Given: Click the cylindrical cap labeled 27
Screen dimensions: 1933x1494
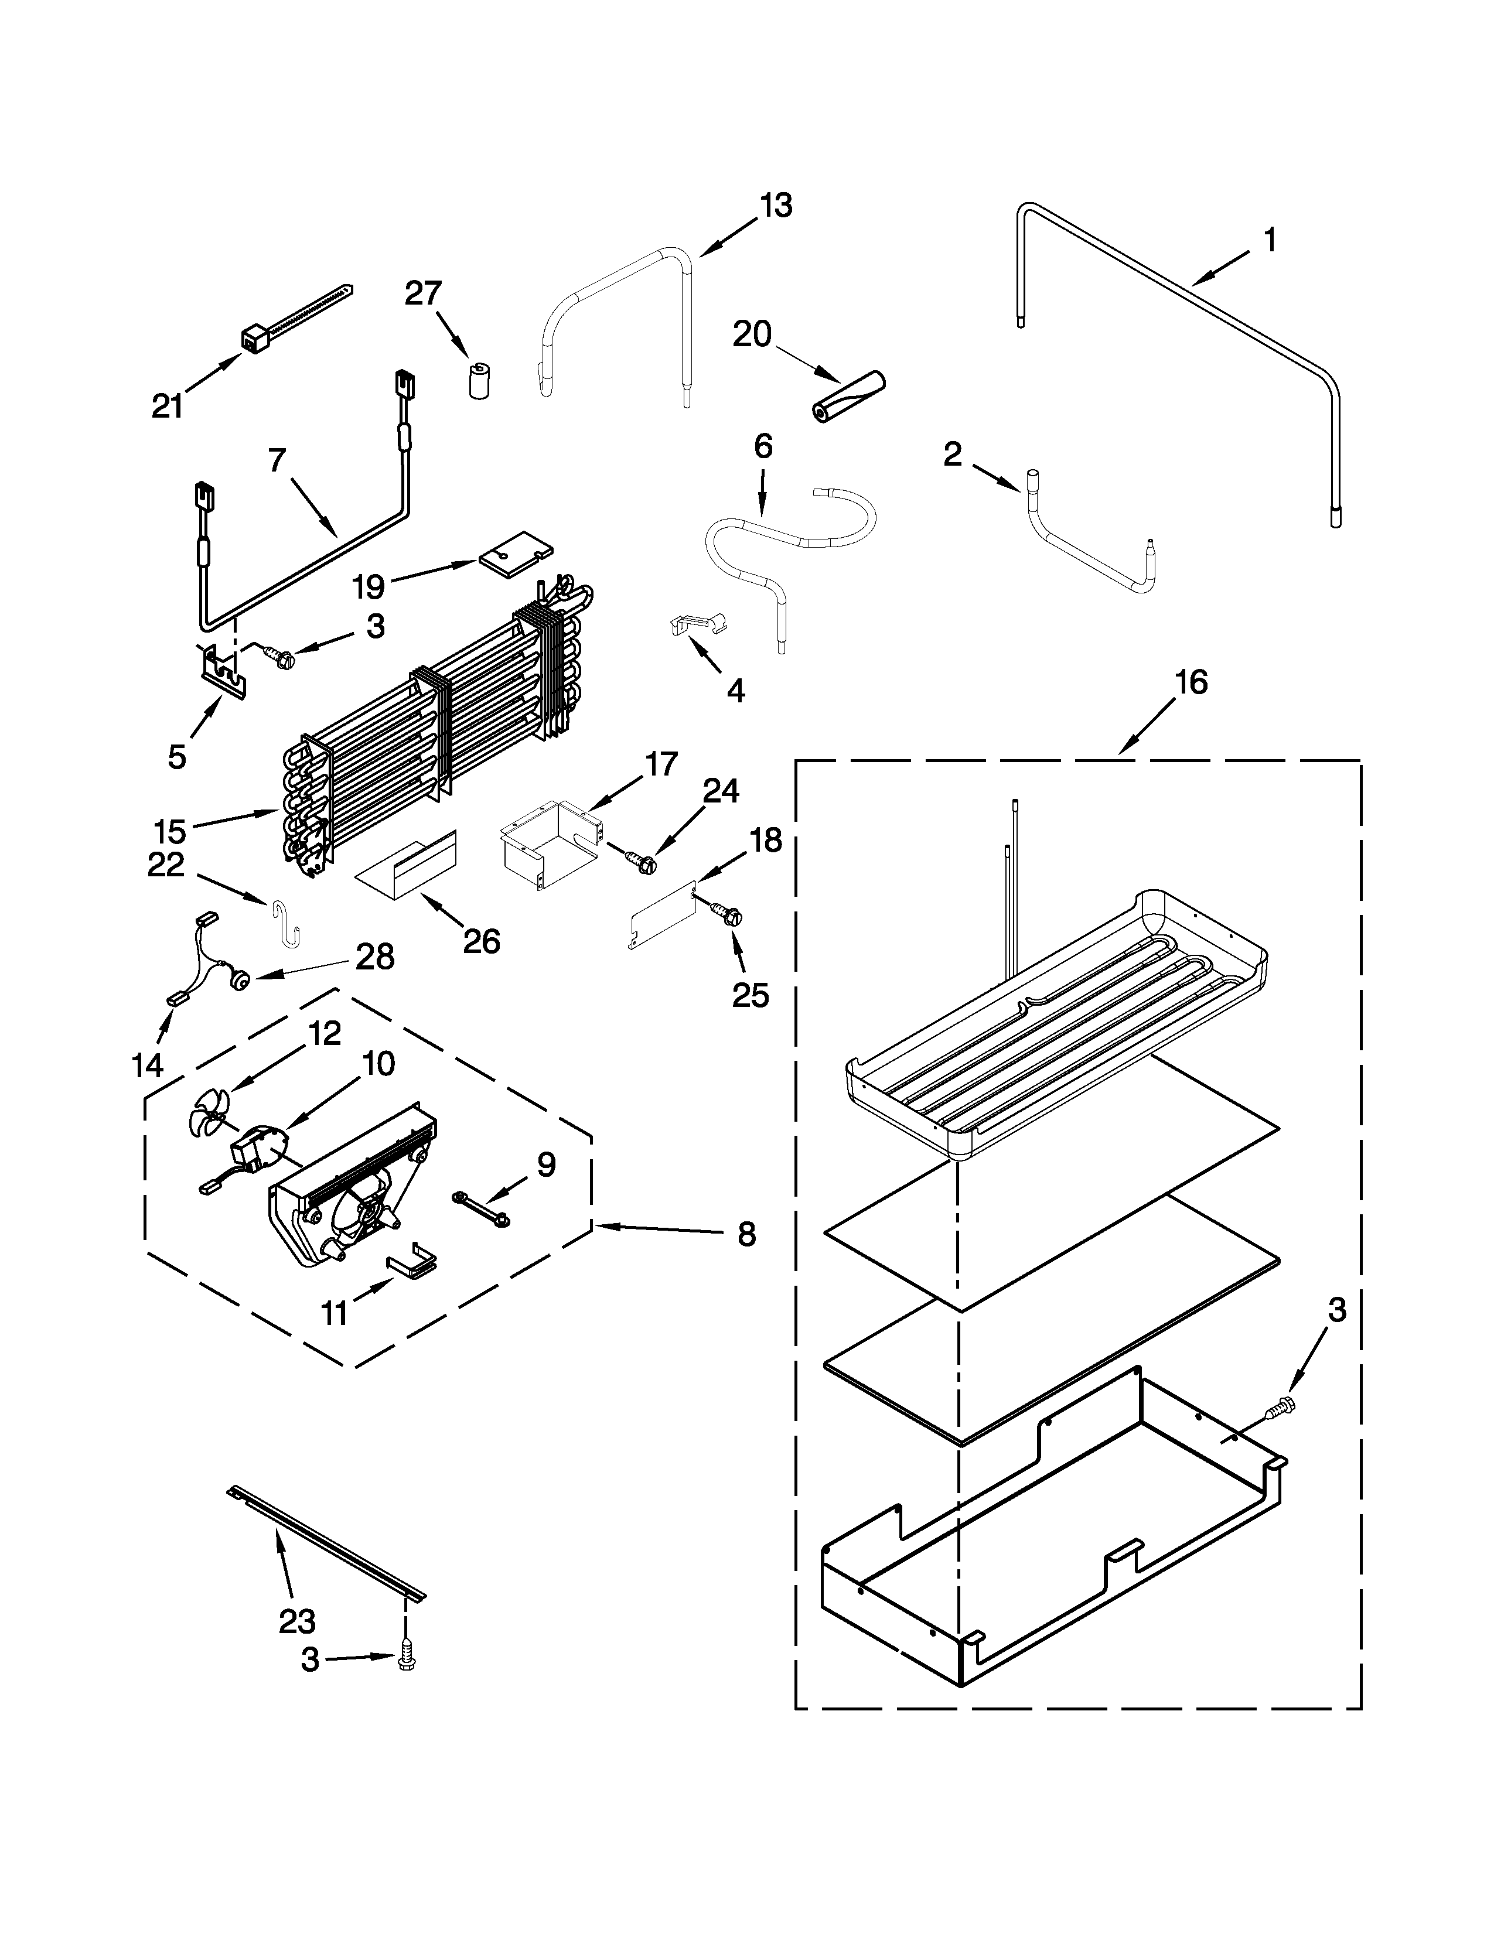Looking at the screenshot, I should point(480,381).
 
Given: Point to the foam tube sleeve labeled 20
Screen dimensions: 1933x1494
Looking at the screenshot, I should point(848,395).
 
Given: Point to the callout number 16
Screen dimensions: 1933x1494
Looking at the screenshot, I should point(1191,682).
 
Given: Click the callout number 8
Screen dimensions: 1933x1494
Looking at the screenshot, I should point(746,1235).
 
